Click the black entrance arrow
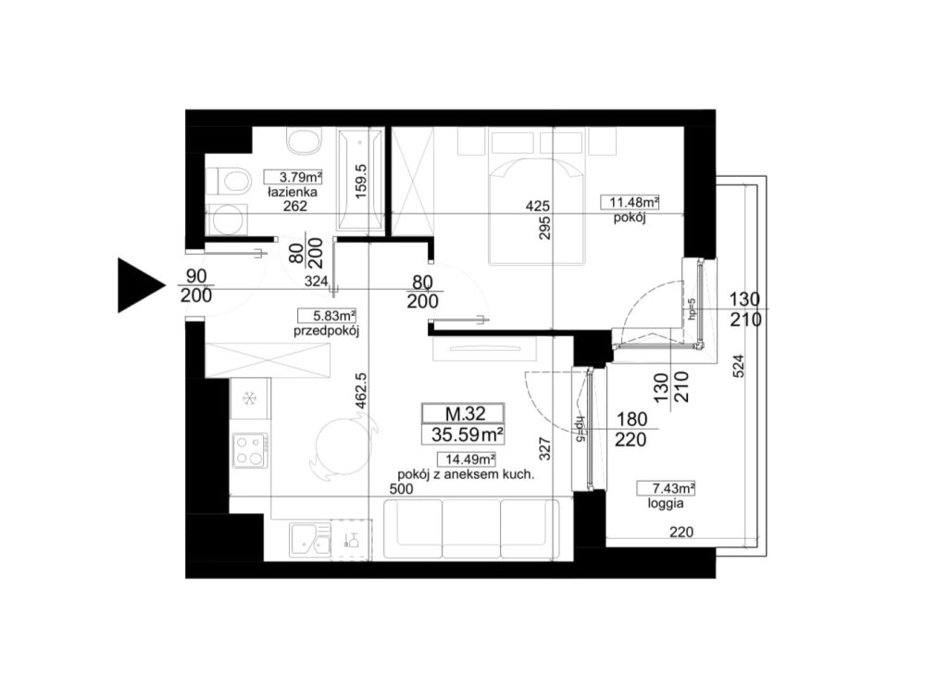(x=137, y=285)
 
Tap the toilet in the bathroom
(x=230, y=181)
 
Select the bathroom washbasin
(x=304, y=142)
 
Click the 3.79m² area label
(x=293, y=177)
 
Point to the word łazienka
(x=293, y=193)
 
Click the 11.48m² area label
(x=630, y=202)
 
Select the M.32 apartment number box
(x=463, y=413)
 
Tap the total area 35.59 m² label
(x=468, y=434)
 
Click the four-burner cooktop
(x=251, y=450)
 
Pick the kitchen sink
(x=310, y=539)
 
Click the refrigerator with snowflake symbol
(x=250, y=398)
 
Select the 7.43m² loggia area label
(x=666, y=488)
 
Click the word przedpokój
(x=327, y=331)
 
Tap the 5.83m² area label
(x=327, y=316)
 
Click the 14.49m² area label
(x=467, y=459)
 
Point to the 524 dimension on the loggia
(x=738, y=366)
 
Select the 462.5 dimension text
(x=361, y=391)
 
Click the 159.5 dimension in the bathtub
(x=361, y=182)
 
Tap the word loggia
(x=666, y=503)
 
